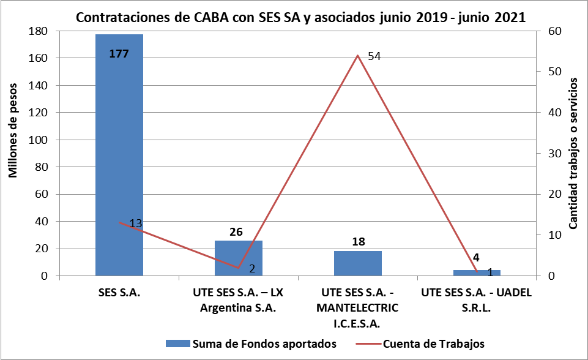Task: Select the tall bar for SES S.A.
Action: pos(119,153)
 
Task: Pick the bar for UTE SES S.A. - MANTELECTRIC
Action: pos(358,264)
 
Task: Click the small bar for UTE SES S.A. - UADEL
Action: pos(477,273)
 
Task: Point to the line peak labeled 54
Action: pos(357,56)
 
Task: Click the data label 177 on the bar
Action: pos(119,54)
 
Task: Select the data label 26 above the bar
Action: pos(237,232)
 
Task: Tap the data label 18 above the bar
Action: pos(359,242)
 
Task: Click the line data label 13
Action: pos(136,223)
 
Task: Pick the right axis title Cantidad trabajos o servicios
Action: pos(573,153)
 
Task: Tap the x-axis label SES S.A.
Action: pos(119,293)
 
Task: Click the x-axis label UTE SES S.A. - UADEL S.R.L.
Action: pos(477,300)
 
